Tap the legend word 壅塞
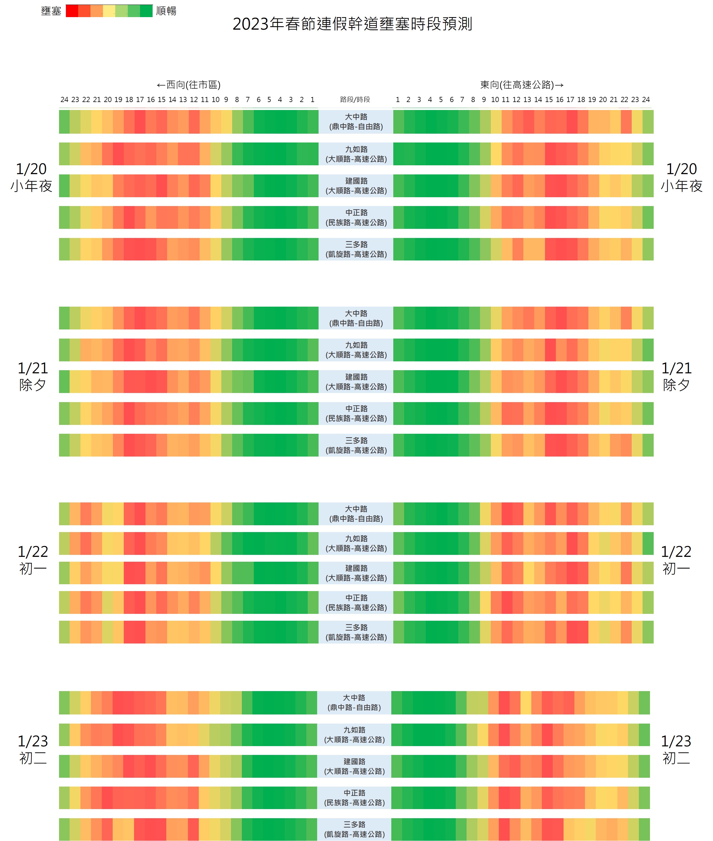[x=51, y=11]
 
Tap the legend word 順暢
[x=166, y=11]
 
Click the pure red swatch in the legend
[x=72, y=11]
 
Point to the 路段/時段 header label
[x=355, y=100]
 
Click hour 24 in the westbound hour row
[x=64, y=100]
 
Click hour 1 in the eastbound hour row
[x=398, y=100]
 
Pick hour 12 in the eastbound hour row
[x=516, y=100]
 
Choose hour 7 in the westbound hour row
[x=248, y=100]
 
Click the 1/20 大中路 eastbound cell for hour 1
[x=398, y=122]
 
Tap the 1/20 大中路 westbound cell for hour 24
[x=64, y=122]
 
